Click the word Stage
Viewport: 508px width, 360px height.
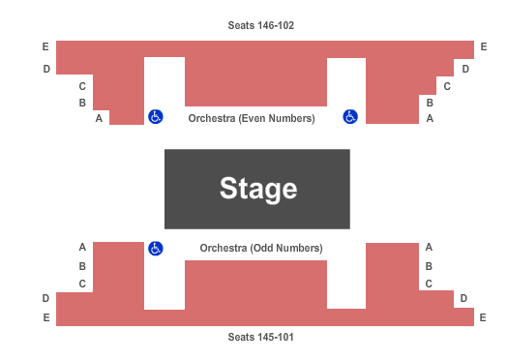(257, 188)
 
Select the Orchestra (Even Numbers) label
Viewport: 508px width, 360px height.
(252, 118)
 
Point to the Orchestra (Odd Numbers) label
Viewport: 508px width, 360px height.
(261, 248)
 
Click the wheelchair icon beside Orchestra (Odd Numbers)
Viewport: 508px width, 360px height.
(155, 249)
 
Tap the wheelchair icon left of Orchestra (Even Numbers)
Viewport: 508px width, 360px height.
(155, 117)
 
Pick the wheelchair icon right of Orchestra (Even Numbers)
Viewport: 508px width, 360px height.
(350, 117)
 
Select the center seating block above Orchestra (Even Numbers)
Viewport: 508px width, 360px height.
(255, 81)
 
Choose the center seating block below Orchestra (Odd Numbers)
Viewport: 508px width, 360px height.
(255, 285)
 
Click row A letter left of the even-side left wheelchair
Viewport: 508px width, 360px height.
(99, 118)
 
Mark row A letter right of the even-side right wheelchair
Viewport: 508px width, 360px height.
(430, 118)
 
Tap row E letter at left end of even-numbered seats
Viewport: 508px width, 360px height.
(45, 46)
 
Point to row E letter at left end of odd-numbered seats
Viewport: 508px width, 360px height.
(45, 317)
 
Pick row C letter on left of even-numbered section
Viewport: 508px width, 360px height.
(83, 86)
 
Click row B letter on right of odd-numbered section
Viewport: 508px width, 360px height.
(430, 265)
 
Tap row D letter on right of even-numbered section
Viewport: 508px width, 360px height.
(465, 69)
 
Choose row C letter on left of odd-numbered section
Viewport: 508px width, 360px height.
(83, 284)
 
